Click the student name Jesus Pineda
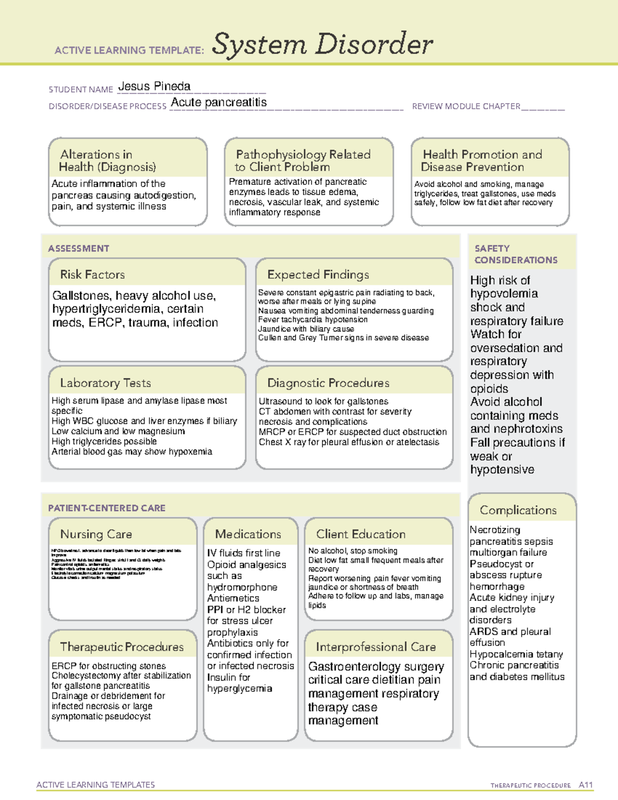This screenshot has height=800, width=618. click(x=154, y=87)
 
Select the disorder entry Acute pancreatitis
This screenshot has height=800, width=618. click(x=219, y=103)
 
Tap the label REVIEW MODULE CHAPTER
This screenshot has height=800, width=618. click(x=466, y=106)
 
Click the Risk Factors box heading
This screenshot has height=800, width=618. click(x=92, y=275)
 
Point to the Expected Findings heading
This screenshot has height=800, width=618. click(x=318, y=275)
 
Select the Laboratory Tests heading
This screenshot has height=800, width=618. click(x=105, y=383)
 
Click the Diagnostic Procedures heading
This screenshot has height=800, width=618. click(x=328, y=383)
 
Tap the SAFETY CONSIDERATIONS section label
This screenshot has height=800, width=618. click(x=516, y=254)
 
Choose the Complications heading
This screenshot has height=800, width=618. click(x=518, y=510)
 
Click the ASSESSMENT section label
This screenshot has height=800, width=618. click(x=78, y=248)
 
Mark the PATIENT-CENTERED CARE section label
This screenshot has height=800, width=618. click(x=107, y=508)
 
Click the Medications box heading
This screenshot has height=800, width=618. click(x=248, y=534)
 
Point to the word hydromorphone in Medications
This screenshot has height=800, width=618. click(x=242, y=587)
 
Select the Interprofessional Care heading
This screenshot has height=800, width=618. click(x=375, y=647)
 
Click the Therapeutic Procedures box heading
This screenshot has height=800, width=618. click(x=122, y=647)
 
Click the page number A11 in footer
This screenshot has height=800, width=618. click(x=586, y=785)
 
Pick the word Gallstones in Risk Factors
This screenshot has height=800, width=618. click(x=81, y=296)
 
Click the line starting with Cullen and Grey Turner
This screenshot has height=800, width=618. click(x=343, y=338)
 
